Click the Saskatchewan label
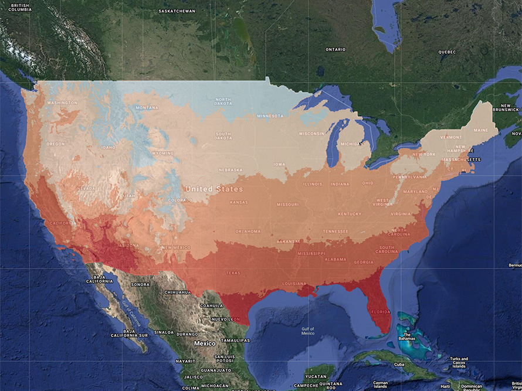pos(177,11)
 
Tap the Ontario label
pos(335,49)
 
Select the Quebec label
pos(446,52)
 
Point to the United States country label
pos(213,189)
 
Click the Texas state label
pos(233,273)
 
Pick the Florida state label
pos(380,312)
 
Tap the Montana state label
pos(147,108)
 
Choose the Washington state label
pos(62,103)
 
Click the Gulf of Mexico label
pos(308,331)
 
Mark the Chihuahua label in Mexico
pos(178,292)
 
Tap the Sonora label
pos(140,284)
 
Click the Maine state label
pos(480,130)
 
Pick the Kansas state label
pos(239,202)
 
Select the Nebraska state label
pos(231,170)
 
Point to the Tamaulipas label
pos(235,340)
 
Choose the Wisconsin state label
pos(311,134)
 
